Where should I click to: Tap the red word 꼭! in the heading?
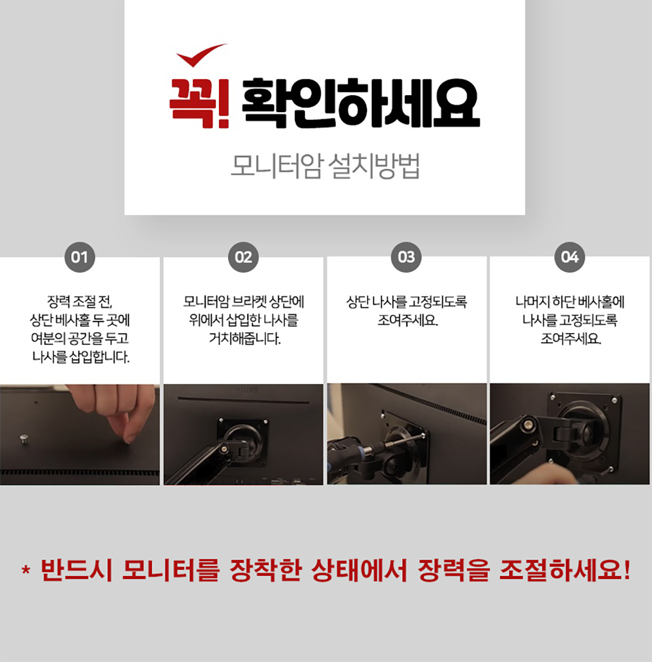point(200,104)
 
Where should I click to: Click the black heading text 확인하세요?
point(361,104)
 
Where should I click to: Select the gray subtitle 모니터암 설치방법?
point(325,166)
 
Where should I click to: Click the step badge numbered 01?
point(80,257)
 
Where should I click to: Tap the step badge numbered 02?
point(243,257)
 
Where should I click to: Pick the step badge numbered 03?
point(406,257)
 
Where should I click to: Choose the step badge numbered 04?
point(570,257)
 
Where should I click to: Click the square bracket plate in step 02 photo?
point(243,435)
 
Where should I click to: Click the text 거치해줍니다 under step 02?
point(244,339)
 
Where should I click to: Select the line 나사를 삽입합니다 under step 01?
point(81,357)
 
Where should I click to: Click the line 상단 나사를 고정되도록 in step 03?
point(406,302)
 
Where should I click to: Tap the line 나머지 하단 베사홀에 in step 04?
point(570,302)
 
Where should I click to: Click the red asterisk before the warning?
point(25,571)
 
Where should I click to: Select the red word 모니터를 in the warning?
point(171,570)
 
